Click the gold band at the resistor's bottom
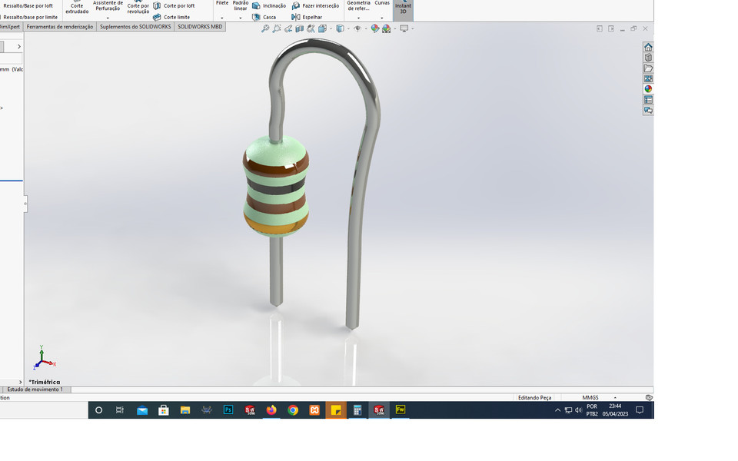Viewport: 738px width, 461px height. click(x=276, y=224)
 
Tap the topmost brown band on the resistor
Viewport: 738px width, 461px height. click(x=276, y=160)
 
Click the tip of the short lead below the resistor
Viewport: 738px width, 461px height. click(x=276, y=303)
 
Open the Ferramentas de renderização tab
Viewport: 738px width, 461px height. click(x=60, y=27)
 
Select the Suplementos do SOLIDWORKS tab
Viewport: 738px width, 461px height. click(x=135, y=27)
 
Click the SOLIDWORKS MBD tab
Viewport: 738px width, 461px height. click(x=200, y=27)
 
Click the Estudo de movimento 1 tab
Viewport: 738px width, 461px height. click(x=35, y=390)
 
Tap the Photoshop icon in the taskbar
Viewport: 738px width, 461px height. click(x=228, y=410)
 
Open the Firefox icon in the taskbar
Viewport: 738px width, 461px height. click(x=271, y=410)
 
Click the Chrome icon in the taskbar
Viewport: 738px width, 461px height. click(x=293, y=410)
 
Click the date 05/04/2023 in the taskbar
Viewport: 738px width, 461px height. click(x=615, y=414)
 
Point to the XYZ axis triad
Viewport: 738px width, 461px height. click(x=43, y=360)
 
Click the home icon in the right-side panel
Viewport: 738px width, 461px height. click(x=648, y=47)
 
